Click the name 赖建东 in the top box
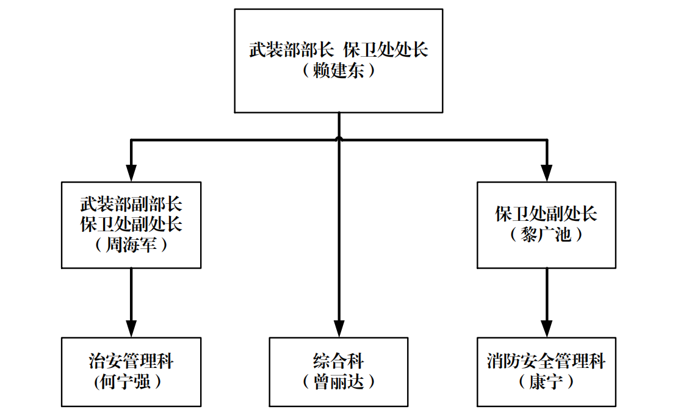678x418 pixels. [339, 71]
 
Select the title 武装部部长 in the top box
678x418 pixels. [289, 50]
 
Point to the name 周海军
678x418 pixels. [131, 245]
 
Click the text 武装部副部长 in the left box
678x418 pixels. [131, 204]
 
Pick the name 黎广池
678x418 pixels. [546, 234]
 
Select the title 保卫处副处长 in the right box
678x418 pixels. [546, 214]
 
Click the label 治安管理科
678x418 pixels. [131, 361]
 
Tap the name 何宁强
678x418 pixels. [131, 382]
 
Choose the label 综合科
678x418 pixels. [339, 361]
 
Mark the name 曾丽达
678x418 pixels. [339, 382]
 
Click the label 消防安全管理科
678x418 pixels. [546, 361]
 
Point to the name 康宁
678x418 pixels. [546, 382]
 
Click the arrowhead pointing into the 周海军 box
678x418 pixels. [131, 175]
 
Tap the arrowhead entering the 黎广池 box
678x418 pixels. [547, 175]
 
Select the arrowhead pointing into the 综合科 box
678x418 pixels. [339, 330]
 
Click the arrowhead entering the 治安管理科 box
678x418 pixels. [131, 330]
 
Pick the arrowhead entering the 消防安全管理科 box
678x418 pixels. [547, 330]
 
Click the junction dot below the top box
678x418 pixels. [339, 140]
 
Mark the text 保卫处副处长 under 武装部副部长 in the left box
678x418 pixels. [131, 224]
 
